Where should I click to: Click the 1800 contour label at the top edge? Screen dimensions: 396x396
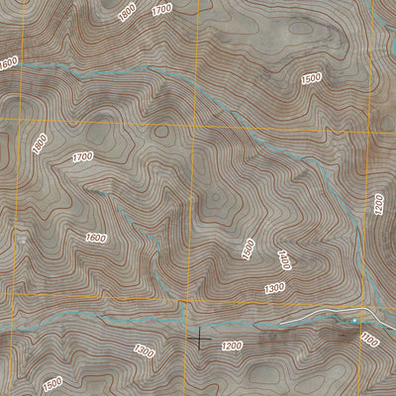coord(126,13)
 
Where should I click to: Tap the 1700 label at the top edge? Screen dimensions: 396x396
coord(162,9)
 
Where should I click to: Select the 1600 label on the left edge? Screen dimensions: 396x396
coord(9,62)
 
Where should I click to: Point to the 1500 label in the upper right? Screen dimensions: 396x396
coord(311,78)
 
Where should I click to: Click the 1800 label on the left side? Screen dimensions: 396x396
coord(40,144)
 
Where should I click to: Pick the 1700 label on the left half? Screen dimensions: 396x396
coord(83,156)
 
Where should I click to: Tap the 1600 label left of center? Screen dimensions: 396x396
coord(96,237)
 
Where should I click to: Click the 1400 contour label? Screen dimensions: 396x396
coord(284,260)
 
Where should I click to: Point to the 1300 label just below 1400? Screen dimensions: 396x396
coord(274,287)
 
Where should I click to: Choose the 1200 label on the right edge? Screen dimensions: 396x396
coord(378,204)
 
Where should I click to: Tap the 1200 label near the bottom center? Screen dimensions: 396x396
coord(232,346)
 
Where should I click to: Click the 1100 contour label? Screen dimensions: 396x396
coord(370,340)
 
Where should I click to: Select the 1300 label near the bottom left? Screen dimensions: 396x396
coord(144,350)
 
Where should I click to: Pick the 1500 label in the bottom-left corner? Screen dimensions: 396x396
coord(52,382)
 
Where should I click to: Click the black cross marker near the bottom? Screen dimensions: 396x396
coord(200,339)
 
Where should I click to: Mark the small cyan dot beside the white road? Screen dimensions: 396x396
coord(353,321)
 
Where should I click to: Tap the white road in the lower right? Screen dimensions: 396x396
coord(317,316)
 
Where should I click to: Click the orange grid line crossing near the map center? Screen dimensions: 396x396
coord(194,123)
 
